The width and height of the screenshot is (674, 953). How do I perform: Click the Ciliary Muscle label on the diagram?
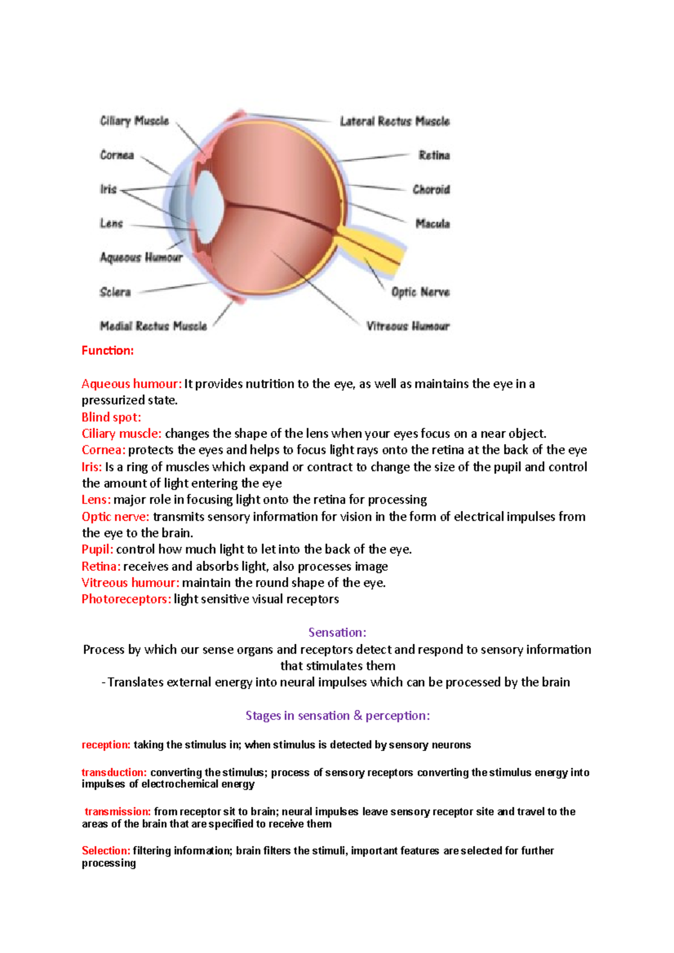tap(134, 121)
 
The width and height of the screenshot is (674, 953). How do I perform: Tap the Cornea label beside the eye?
tap(117, 155)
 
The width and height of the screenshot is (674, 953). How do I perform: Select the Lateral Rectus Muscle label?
tap(394, 121)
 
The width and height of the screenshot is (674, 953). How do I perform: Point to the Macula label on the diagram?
tap(432, 223)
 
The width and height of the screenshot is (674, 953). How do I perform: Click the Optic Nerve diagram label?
tap(420, 292)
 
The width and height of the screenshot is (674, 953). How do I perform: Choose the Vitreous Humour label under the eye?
tap(408, 326)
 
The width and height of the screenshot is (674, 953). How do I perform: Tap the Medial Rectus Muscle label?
tap(153, 326)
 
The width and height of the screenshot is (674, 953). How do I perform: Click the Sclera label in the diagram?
tap(115, 292)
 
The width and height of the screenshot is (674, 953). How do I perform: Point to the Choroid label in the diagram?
tap(431, 189)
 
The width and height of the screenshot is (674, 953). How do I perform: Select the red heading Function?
tap(108, 351)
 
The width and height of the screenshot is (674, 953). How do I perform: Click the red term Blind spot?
tap(111, 417)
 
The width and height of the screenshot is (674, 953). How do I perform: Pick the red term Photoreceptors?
tap(126, 599)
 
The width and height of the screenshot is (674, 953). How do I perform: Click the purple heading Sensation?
tap(337, 633)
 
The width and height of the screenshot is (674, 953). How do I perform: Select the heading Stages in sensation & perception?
tap(338, 716)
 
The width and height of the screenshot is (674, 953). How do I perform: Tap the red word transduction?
tap(114, 773)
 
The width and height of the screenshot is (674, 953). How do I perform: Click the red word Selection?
tap(106, 851)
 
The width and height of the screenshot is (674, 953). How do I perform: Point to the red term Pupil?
tap(98, 549)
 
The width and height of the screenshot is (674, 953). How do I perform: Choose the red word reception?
tap(106, 745)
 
